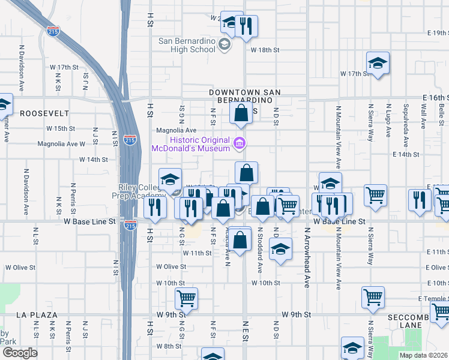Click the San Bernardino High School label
pos(186,45)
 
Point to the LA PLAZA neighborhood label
pos(37,314)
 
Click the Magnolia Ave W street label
pos(61,144)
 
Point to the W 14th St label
pos(94,160)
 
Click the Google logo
pos(19,353)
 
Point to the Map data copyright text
pos(424,355)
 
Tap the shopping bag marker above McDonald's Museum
pos(241,112)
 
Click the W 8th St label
pos(169,346)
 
